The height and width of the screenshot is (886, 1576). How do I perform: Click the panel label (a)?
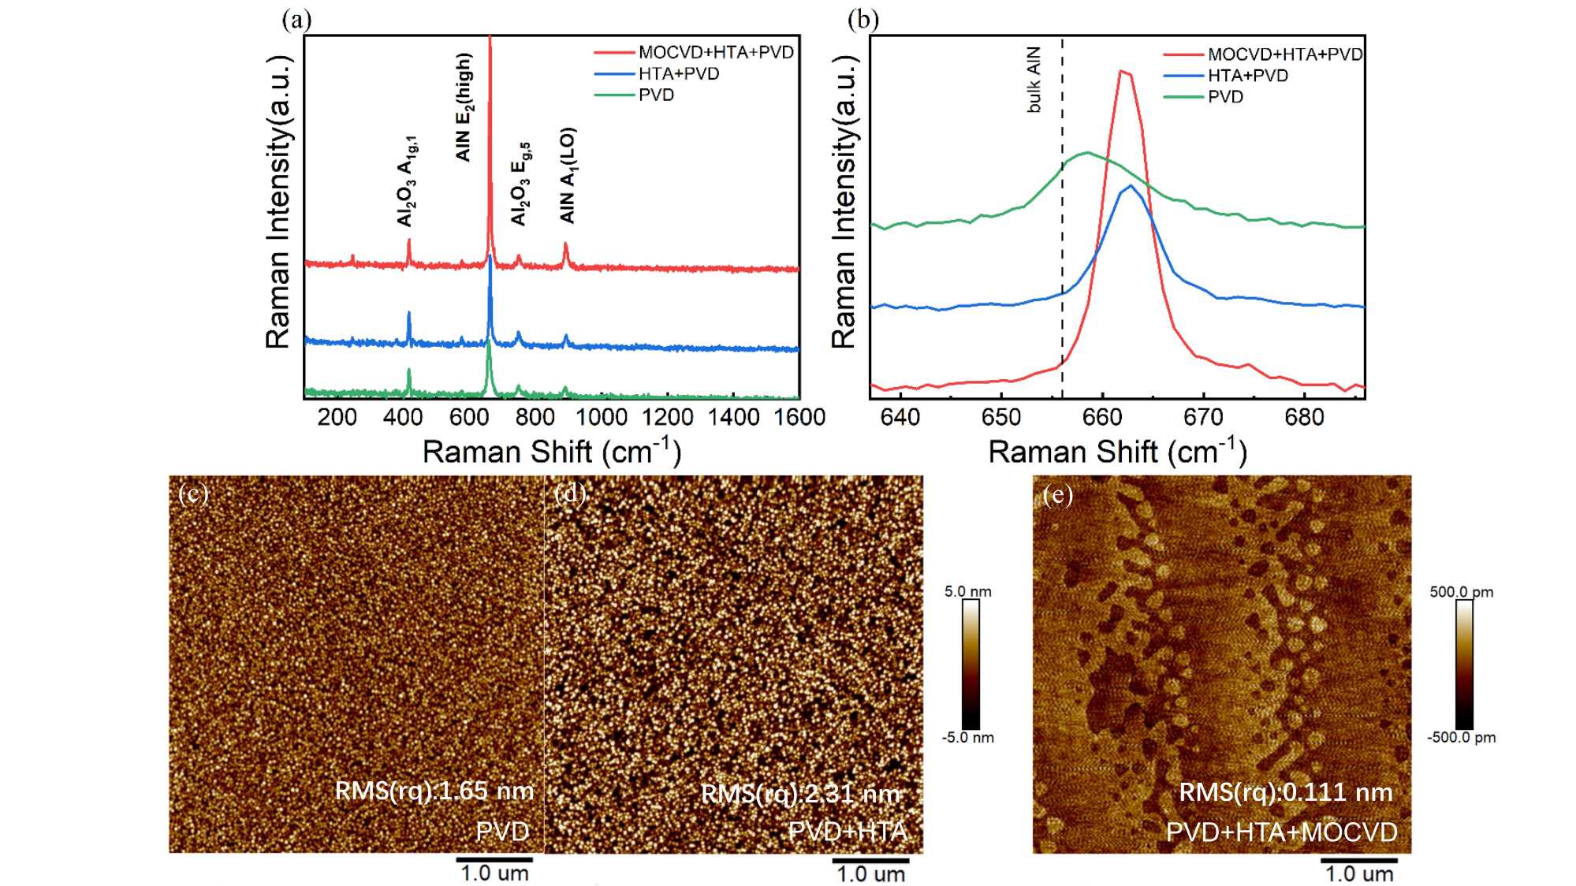[296, 20]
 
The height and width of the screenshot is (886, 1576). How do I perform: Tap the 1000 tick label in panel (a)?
[602, 417]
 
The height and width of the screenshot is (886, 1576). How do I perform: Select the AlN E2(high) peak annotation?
[464, 107]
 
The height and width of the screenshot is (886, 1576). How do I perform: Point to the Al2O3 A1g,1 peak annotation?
[407, 181]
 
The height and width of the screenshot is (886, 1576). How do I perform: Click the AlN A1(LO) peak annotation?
[568, 175]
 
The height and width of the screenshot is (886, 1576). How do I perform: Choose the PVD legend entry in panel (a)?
[656, 95]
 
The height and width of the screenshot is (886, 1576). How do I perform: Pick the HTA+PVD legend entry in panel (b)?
[1247, 76]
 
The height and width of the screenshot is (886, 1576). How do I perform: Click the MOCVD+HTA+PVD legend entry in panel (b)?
[1284, 54]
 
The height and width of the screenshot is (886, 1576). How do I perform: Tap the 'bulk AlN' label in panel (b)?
[1034, 80]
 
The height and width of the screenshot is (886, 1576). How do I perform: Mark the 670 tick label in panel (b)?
[1203, 417]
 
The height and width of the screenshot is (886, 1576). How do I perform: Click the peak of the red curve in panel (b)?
[1122, 71]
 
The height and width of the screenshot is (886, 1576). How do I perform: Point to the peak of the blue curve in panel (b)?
[1131, 186]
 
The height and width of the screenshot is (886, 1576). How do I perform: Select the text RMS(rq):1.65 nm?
[434, 791]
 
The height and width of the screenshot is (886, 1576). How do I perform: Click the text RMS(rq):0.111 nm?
[1285, 792]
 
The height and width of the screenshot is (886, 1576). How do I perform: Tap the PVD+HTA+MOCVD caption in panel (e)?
[1281, 832]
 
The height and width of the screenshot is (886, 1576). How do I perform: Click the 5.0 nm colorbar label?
[967, 591]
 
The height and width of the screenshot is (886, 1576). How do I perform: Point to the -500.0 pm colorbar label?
[1461, 738]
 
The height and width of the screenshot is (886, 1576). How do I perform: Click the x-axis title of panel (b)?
[1117, 452]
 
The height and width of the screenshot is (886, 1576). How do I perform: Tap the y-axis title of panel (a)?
[278, 202]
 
